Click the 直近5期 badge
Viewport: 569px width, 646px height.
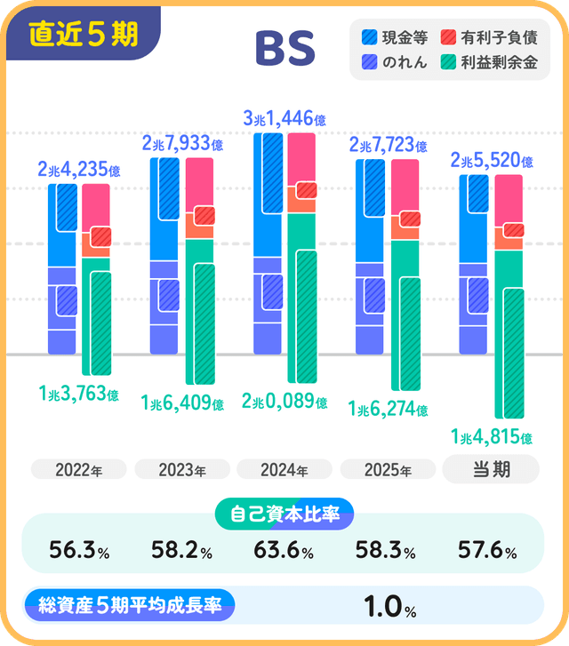coord(83,34)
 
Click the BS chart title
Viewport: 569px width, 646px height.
coord(284,51)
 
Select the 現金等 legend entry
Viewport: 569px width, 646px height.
coord(397,37)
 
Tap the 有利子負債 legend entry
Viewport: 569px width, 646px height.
coord(490,37)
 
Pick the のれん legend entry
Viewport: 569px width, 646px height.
coord(397,62)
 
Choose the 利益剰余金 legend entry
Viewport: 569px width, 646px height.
coord(490,62)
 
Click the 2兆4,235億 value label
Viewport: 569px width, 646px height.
coord(79,169)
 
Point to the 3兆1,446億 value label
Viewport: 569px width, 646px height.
coord(284,117)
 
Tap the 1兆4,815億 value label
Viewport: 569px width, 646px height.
coord(492,437)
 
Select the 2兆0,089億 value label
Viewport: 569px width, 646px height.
coord(284,402)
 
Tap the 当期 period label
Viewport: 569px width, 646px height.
coord(490,469)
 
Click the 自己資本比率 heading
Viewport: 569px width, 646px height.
coord(284,513)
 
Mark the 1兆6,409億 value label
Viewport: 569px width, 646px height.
coord(182,403)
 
